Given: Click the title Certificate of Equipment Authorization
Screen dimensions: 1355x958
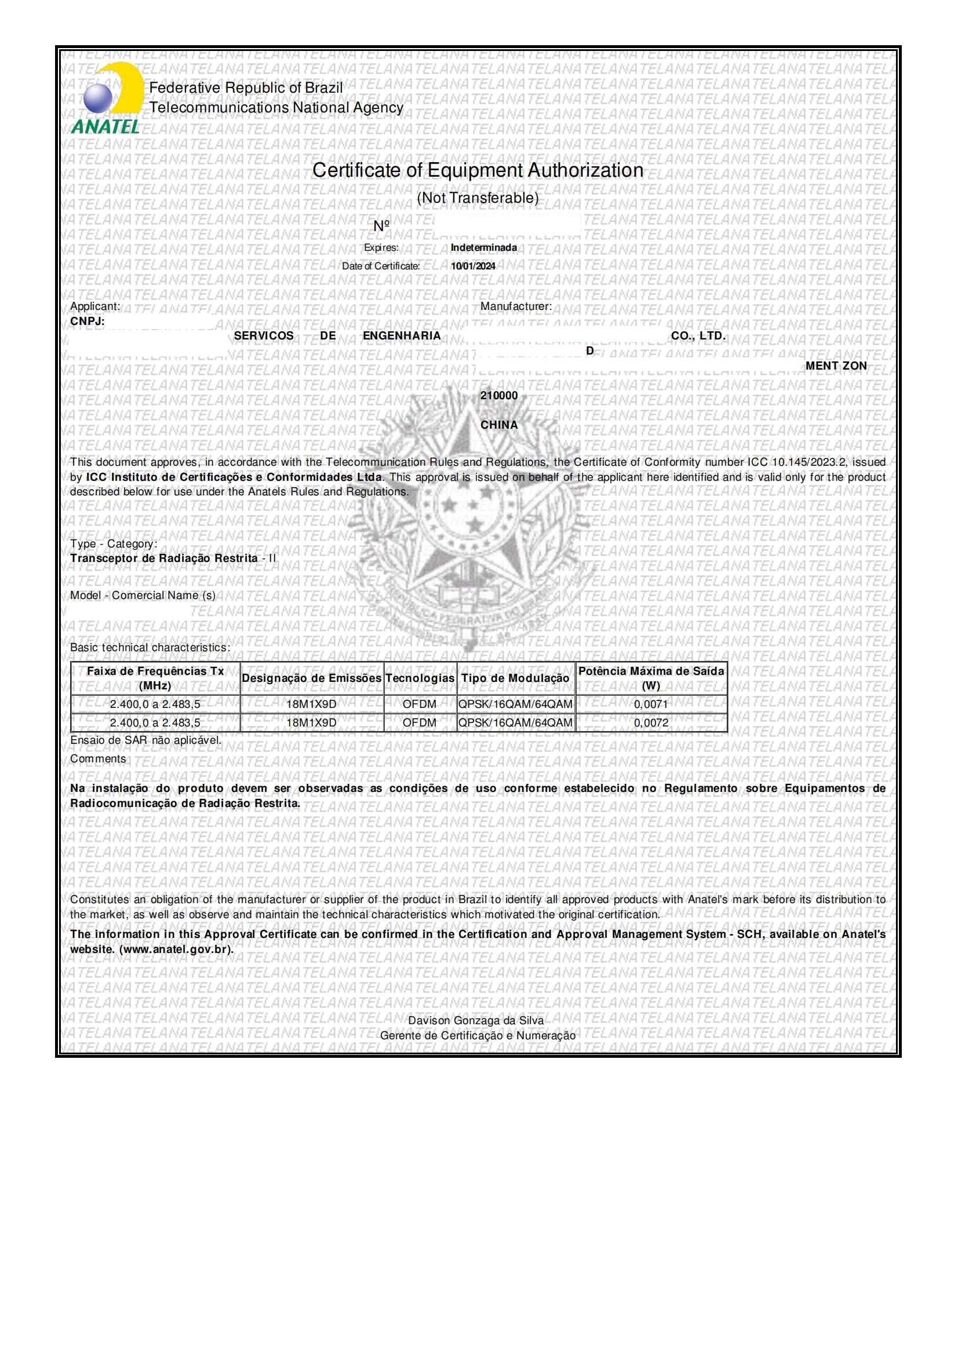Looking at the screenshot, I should point(478,170).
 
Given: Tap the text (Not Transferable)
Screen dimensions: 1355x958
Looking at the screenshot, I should point(478,198).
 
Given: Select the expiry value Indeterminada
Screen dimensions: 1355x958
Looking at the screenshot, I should point(483,248).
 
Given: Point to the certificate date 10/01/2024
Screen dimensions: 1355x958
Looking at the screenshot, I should point(473,266).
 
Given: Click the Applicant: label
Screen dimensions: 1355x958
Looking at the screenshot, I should point(95,306).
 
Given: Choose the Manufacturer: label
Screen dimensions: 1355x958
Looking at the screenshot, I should point(516,306).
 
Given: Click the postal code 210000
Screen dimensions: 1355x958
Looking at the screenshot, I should point(499,396).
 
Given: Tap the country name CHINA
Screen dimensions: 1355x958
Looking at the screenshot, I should point(499,425).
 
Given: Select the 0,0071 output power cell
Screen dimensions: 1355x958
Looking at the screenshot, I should point(651,704).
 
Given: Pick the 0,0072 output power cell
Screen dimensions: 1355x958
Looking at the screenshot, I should point(651,723).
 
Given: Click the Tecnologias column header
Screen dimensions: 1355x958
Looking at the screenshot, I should point(420,679).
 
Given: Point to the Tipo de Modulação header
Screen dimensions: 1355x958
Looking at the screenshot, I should point(515,679).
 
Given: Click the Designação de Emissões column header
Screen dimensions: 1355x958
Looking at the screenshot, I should point(312,679).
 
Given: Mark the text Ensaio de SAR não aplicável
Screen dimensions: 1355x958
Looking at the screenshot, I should point(146,740).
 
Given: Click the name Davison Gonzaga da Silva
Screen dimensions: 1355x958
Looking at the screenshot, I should point(476,1021).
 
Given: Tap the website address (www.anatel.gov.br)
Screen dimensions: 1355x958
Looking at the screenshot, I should point(152,949).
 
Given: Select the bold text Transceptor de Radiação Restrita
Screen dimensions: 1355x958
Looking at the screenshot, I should point(164,558).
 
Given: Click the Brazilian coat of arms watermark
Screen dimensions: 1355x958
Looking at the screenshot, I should point(467,519).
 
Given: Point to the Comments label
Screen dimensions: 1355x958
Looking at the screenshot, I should point(98,759).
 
